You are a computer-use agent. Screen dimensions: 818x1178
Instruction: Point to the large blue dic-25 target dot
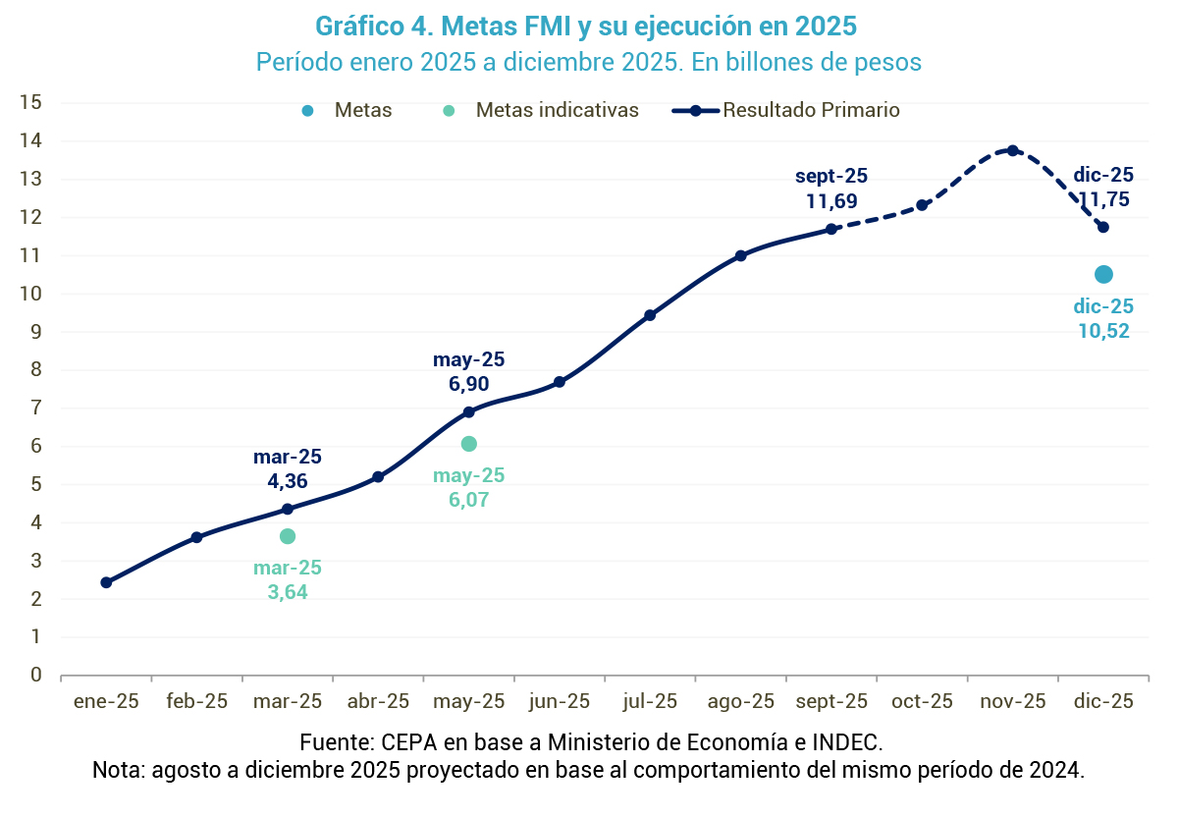click(x=1103, y=274)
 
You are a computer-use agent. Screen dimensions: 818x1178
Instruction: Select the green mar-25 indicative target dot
click(x=288, y=536)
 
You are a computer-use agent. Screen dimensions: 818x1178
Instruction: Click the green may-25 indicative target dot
click(x=469, y=444)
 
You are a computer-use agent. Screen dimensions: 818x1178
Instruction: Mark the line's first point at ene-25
click(x=106, y=582)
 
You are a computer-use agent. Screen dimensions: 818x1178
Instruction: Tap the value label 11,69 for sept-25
click(x=831, y=201)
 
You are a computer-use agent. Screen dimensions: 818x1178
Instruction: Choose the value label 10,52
click(x=1103, y=331)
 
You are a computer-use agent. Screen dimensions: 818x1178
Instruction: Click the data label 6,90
click(x=468, y=384)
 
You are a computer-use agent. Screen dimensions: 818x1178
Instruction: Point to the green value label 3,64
click(x=288, y=592)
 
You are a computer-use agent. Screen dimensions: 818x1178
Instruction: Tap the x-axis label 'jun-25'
click(x=560, y=701)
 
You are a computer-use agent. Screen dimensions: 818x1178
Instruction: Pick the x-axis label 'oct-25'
click(x=922, y=701)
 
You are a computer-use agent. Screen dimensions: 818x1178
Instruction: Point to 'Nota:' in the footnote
click(x=118, y=769)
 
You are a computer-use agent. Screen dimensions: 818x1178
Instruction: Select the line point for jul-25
click(x=650, y=315)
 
